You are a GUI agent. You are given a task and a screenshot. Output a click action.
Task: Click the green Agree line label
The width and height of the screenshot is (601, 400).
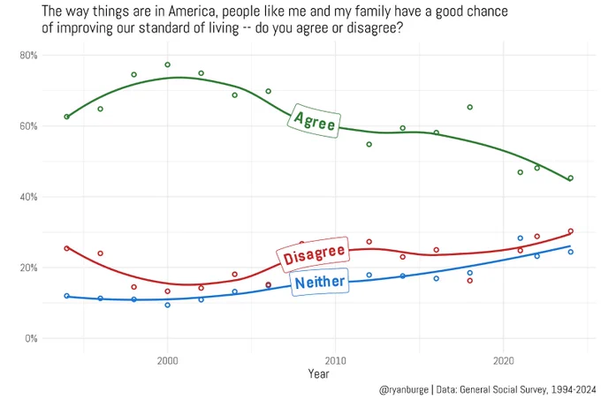coord(314,121)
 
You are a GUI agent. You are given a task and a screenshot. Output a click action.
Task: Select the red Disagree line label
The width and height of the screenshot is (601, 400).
coord(314,254)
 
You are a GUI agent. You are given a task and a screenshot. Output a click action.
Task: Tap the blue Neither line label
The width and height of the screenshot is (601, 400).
coord(320,282)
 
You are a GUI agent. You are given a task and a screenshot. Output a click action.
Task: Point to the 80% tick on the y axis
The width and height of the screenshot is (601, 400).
coord(28,56)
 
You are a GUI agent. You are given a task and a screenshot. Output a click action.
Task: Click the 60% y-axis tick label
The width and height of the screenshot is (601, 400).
coord(28,126)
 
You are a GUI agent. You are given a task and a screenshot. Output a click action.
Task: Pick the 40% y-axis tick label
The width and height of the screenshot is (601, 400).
coord(28,197)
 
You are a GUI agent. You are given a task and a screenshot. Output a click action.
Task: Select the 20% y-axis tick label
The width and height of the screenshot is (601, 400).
coord(28,268)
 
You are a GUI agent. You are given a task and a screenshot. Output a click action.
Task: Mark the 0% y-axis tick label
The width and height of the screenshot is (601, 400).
coord(31,338)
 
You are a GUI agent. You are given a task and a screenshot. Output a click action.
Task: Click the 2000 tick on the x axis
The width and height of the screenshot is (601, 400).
coord(168,360)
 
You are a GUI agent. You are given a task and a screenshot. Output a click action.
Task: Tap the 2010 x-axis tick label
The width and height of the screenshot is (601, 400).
coord(335,360)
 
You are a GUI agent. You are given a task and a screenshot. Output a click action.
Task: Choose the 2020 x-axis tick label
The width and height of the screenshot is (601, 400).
coord(503,360)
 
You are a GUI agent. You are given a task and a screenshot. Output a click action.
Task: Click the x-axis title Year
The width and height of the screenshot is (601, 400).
coord(318,374)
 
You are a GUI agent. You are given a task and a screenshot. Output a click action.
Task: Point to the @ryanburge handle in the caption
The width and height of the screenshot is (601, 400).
coord(404,390)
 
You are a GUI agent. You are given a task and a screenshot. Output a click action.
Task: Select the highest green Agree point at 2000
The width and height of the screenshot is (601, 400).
coord(168,64)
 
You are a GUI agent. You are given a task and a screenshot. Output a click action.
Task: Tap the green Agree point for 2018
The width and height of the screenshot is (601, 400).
coord(470,107)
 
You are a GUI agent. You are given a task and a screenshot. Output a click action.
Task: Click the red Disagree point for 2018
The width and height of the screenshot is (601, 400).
coord(470,281)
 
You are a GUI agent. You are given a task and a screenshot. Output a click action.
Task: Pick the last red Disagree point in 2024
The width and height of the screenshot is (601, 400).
coord(571,231)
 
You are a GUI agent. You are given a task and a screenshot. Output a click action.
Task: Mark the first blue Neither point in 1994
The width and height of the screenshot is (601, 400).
coord(66,296)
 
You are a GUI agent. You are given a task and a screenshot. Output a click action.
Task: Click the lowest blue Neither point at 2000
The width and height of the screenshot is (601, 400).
coord(168,305)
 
